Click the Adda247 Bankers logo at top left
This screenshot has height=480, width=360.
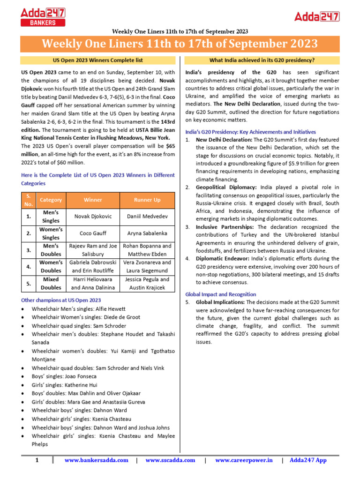click(43, 16)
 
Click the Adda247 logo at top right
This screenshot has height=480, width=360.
click(316, 16)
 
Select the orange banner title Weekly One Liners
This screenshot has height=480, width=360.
click(180, 44)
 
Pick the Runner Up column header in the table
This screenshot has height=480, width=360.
click(147, 200)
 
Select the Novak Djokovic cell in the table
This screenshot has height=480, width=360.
click(93, 216)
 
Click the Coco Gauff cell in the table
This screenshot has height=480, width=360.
click(93, 233)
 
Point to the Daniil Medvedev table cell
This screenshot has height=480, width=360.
click(147, 216)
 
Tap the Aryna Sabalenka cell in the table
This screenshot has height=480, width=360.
click(147, 233)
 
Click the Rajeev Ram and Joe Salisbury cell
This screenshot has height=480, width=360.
click(93, 250)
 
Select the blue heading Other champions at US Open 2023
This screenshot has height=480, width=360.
click(61, 300)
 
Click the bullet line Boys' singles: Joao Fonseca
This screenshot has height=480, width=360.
click(64, 376)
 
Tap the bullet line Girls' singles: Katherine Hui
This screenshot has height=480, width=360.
click(65, 385)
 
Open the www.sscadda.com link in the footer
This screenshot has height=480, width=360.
click(170, 460)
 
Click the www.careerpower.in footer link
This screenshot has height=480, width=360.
click(244, 460)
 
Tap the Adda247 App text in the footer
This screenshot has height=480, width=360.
click(308, 460)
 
